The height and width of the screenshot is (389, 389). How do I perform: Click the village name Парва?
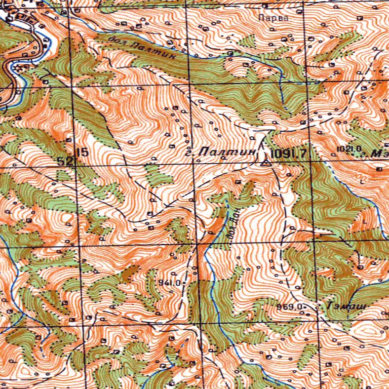273,18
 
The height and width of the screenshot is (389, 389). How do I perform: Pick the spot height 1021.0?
348,148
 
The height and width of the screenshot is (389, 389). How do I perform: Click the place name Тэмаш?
346,307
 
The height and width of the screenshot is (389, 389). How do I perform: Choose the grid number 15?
83,151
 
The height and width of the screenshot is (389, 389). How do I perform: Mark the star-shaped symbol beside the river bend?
20,66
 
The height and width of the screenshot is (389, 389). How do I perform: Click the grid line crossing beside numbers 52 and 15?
75,166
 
